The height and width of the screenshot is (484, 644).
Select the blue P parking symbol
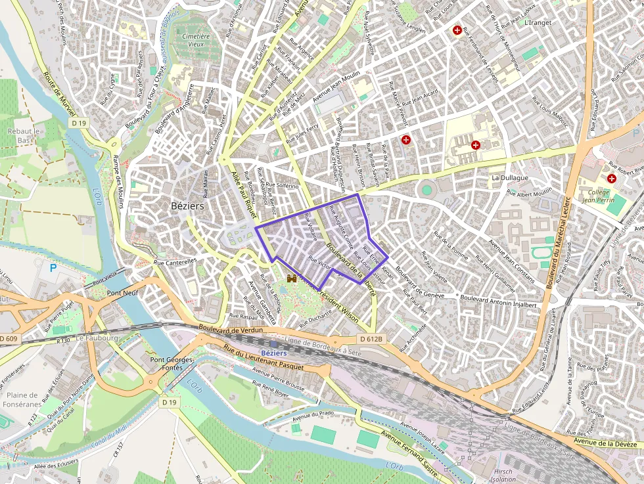pyautogui.click(x=53, y=269)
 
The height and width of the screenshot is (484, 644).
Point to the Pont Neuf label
pyautogui.click(x=122, y=294)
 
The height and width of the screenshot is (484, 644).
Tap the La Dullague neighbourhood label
pyautogui.click(x=509, y=178)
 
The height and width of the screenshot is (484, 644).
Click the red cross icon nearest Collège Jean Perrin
pyautogui.click(x=612, y=178)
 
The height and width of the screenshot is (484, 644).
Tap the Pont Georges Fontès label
pyautogui.click(x=172, y=364)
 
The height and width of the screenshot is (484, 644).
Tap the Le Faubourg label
pyautogui.click(x=97, y=338)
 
